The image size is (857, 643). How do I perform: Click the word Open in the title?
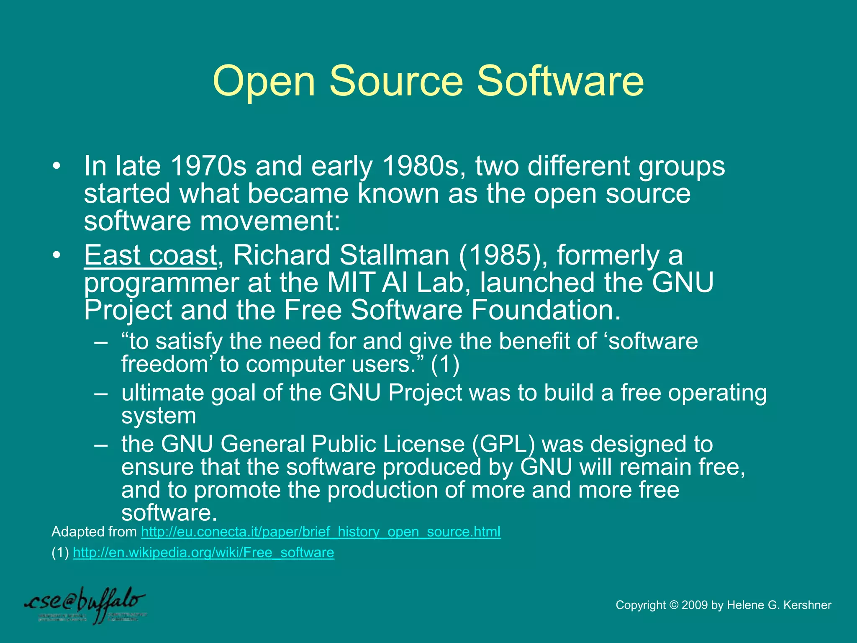264,82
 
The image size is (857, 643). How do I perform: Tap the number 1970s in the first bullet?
209,166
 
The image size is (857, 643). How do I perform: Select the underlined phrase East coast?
150,255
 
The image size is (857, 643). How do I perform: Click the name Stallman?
394,255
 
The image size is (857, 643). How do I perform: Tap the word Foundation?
546,310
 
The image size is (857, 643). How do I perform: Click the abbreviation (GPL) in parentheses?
503,444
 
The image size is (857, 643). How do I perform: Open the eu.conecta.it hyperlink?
321,532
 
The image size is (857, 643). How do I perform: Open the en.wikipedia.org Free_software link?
203,553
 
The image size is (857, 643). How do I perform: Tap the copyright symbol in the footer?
673,605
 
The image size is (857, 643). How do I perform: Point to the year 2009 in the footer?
695,605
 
